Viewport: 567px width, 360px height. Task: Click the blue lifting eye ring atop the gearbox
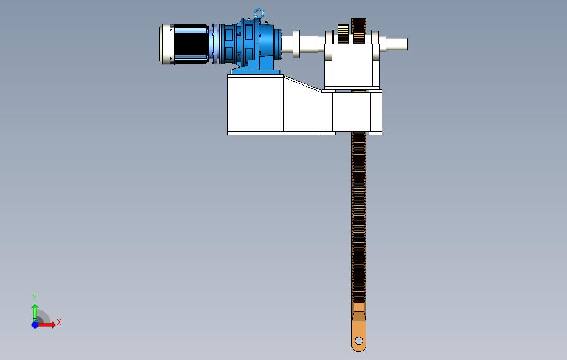[x=259, y=10]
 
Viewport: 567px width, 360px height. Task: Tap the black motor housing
[x=191, y=44]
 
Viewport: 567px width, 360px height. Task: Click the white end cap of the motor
[x=167, y=44]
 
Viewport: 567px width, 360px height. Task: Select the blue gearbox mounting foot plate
[x=256, y=72]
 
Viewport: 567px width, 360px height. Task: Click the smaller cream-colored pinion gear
[x=343, y=34]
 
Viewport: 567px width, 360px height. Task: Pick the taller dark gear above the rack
[x=359, y=31]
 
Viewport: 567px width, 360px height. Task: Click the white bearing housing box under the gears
[x=352, y=66]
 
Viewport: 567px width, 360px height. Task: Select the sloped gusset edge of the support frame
[x=303, y=83]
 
